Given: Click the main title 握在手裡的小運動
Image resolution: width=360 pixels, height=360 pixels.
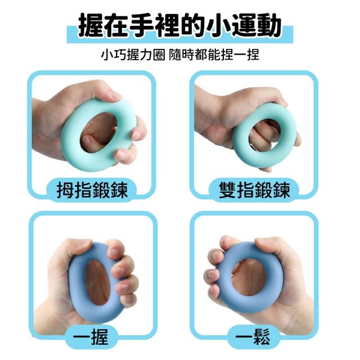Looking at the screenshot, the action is coord(179,25).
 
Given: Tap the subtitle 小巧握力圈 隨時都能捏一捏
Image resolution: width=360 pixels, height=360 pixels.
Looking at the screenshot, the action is coord(180,55).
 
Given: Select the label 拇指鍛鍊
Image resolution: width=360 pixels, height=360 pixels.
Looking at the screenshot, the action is coord(92,190).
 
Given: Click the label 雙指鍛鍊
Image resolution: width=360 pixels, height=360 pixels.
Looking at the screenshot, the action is coord(254,190).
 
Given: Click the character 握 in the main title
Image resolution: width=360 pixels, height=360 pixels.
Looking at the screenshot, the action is coord(91,25).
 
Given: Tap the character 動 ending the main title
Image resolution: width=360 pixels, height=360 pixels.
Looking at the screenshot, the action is coord(269,25).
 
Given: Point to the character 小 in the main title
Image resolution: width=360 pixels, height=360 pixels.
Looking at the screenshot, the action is coord(218,25).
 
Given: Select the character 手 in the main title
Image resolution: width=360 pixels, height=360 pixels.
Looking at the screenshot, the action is coord(141,25).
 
